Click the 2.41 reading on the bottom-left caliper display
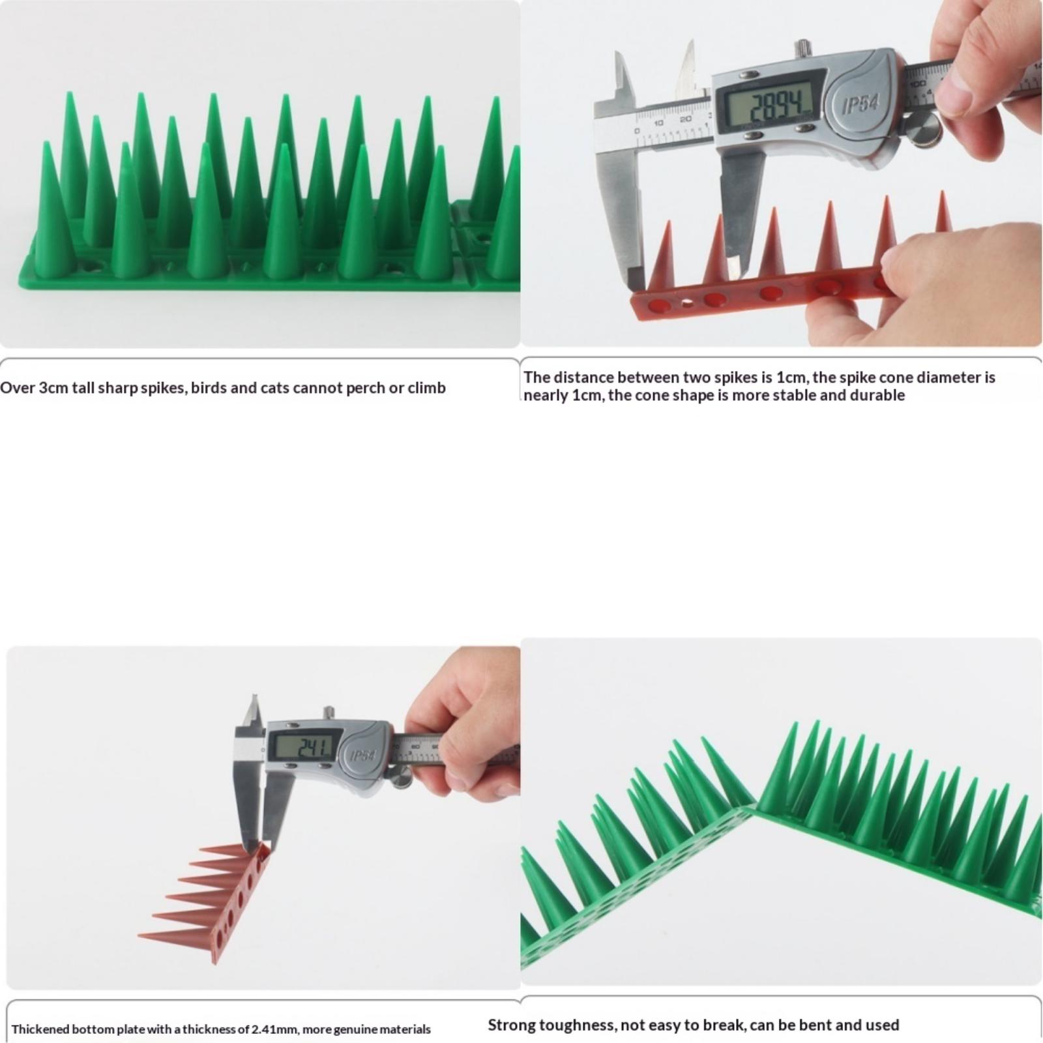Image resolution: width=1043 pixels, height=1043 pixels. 314,748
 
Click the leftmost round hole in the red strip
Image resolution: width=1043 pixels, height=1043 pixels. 660,304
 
